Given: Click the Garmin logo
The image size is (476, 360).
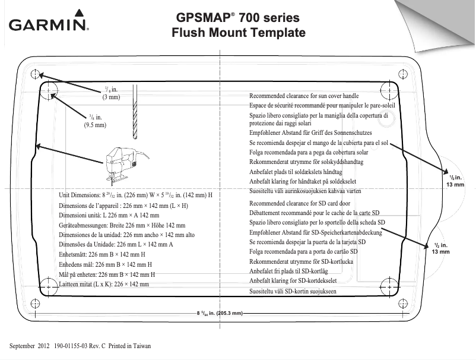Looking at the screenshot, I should click(x=48, y=24).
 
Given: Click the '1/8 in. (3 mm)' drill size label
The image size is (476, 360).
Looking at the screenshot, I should click(x=111, y=93).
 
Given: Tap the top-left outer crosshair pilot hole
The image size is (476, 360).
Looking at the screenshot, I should click(x=34, y=74).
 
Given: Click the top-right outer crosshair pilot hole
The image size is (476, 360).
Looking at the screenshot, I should click(x=406, y=74).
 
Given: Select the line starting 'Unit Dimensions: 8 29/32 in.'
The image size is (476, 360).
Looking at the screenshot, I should click(x=136, y=195).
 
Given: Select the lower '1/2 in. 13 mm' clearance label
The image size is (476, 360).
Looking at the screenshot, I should click(x=441, y=248).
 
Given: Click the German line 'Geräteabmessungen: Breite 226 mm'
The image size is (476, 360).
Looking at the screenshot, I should click(x=122, y=225).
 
